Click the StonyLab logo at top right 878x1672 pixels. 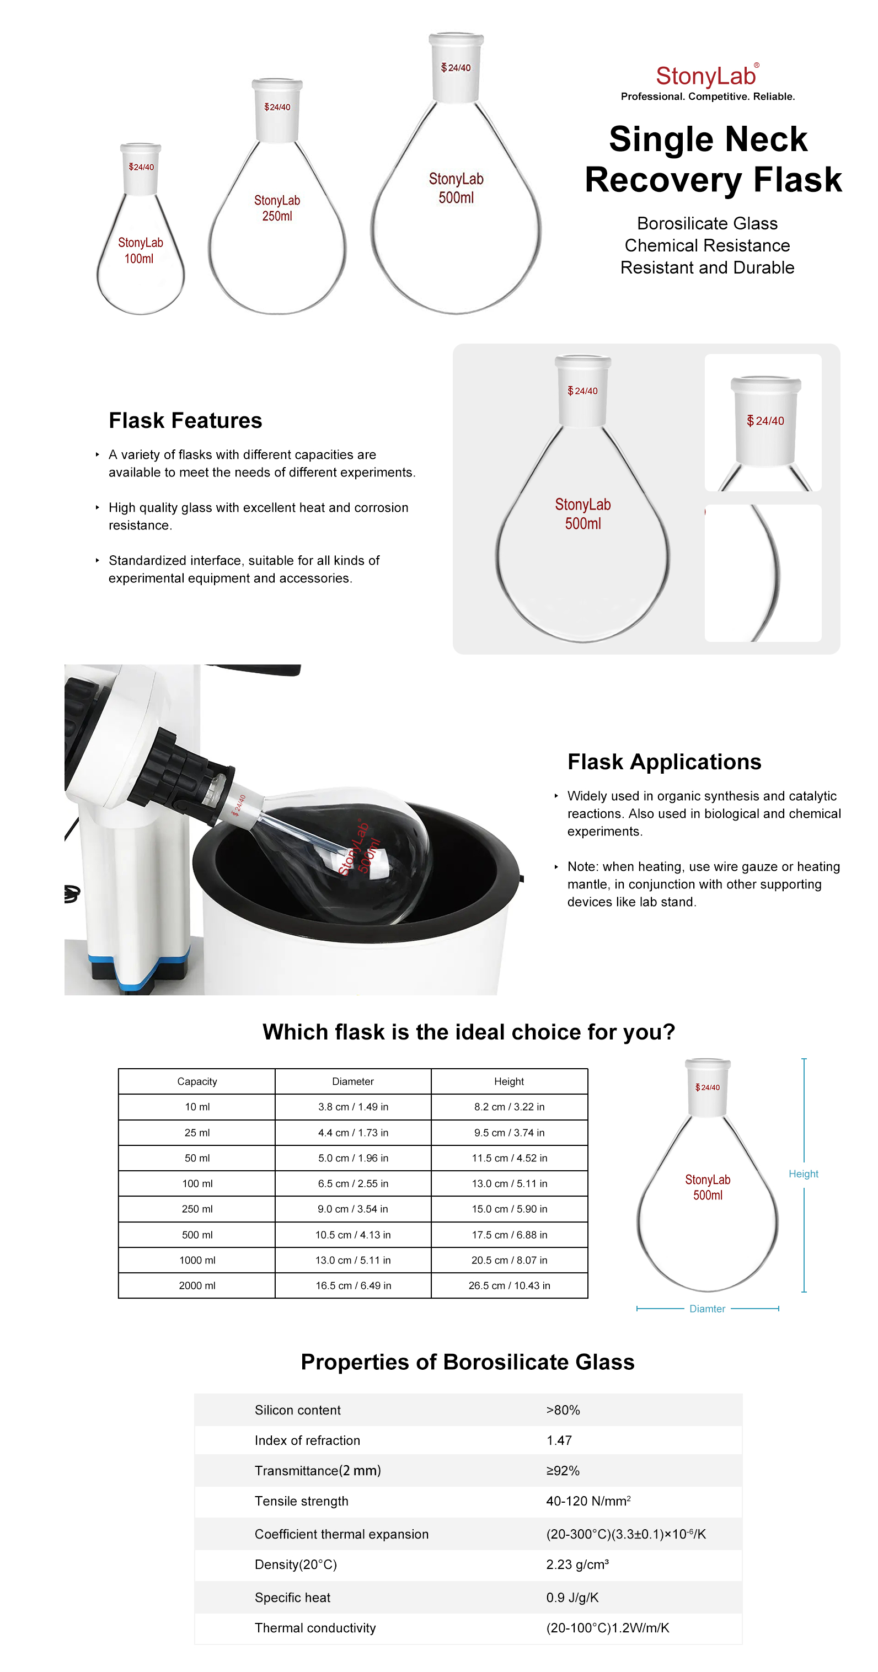coord(706,77)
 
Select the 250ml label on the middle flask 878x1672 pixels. coord(277,216)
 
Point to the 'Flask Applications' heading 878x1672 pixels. coord(664,762)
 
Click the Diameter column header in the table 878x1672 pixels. coord(352,1081)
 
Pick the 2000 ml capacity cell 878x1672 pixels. coord(197,1285)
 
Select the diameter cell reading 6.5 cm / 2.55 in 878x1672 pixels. coord(352,1183)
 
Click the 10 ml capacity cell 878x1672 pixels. coord(197,1107)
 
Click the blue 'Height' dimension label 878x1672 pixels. coord(803,1173)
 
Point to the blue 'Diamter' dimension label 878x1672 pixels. coord(706,1309)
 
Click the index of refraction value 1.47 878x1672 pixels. coord(559,1440)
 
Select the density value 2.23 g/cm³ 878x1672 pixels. coord(577,1564)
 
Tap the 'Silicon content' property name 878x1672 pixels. coord(297,1410)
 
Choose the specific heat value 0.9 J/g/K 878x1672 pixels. coord(572,1598)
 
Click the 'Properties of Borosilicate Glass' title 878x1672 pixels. coord(467,1362)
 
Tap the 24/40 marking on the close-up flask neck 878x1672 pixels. coord(765,421)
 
